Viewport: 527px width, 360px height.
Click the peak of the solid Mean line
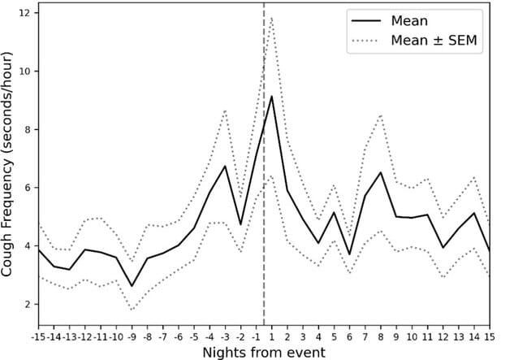point(271,96)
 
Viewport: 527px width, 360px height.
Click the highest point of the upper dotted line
point(271,17)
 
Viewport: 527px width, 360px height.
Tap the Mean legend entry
point(409,20)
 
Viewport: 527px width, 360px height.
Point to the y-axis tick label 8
point(27,129)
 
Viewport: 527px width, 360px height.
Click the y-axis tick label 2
point(27,304)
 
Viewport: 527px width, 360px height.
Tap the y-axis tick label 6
point(27,188)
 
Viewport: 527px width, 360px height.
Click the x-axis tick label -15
point(38,336)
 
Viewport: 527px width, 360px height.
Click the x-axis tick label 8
point(381,336)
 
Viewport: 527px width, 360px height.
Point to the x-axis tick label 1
point(271,336)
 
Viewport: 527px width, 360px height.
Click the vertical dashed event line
point(264,203)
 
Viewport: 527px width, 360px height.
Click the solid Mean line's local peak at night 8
point(381,172)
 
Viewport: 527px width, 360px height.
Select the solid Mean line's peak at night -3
point(225,166)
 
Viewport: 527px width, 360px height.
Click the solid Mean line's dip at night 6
point(349,254)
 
